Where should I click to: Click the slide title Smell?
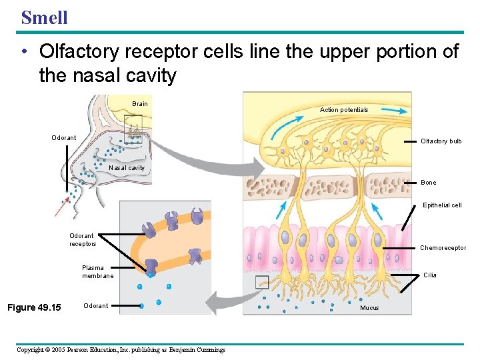(44, 17)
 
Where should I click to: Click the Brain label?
(140, 104)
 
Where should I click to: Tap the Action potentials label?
(343, 110)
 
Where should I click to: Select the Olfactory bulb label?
(441, 141)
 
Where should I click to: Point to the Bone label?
(429, 183)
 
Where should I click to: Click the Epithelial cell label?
(441, 205)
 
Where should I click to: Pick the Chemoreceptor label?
(443, 248)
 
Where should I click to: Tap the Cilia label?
(430, 275)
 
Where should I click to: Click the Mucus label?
(369, 308)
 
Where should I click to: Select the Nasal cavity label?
(126, 168)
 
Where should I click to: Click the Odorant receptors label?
(83, 240)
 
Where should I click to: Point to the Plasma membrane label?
(97, 272)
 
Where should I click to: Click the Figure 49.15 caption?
(33, 307)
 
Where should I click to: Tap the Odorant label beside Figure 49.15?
(95, 306)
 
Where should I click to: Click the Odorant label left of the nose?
(64, 138)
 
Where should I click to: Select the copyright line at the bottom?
(121, 350)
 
